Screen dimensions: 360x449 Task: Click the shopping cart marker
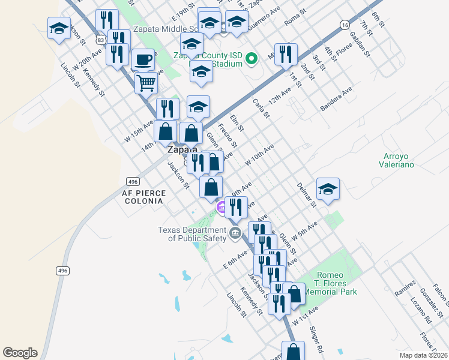tap(146, 83)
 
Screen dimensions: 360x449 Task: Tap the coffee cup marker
tap(143, 59)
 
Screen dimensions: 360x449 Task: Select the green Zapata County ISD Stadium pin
tap(253, 59)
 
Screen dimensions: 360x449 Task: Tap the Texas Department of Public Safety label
tap(193, 234)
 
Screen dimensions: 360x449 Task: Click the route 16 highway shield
tap(344, 25)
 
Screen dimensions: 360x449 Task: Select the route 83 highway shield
tap(101, 39)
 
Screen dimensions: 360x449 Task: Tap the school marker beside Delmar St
tap(328, 189)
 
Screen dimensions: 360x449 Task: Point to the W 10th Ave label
tap(259, 155)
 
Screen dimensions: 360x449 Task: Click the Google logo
tap(20, 353)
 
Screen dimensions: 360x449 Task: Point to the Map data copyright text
tap(424, 355)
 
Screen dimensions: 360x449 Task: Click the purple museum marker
tap(221, 208)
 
